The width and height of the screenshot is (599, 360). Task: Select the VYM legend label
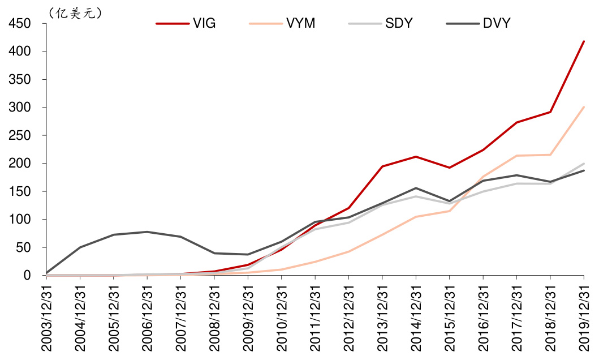(x=300, y=24)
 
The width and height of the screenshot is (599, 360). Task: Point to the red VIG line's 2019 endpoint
(x=584, y=41)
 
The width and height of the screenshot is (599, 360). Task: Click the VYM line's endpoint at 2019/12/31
(x=584, y=107)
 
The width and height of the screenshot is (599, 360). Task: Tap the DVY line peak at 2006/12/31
(x=147, y=232)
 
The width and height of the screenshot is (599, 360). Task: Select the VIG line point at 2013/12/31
(x=382, y=166)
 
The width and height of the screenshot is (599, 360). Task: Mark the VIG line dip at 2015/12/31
(x=450, y=168)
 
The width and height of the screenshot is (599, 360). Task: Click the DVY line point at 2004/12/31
(x=80, y=247)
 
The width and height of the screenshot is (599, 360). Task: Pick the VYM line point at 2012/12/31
(x=349, y=251)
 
